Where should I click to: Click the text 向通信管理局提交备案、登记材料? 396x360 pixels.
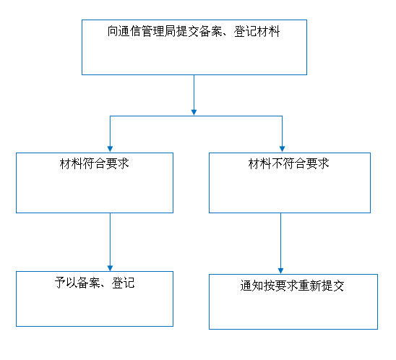(x=194, y=31)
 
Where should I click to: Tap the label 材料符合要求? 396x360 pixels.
(x=95, y=163)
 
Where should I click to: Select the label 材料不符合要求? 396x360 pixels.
(x=288, y=163)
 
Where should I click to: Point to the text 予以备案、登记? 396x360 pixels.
(x=95, y=283)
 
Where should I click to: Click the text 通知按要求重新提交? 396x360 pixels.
(x=292, y=286)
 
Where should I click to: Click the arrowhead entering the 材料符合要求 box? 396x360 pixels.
(x=110, y=149)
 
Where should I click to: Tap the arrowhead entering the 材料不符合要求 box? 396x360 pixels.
(x=282, y=149)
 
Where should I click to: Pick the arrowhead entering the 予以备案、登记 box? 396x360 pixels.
(x=110, y=267)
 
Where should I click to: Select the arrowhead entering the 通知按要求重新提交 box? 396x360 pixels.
(x=280, y=270)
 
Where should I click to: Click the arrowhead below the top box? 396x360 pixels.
(x=194, y=112)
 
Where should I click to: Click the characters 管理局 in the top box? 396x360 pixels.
(x=159, y=31)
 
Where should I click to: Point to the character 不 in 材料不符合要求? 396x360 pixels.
(x=277, y=163)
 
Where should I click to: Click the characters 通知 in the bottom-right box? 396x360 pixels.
(x=251, y=286)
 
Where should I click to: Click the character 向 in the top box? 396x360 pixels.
(x=113, y=31)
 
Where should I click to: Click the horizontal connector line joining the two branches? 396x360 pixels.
(x=196, y=116)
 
